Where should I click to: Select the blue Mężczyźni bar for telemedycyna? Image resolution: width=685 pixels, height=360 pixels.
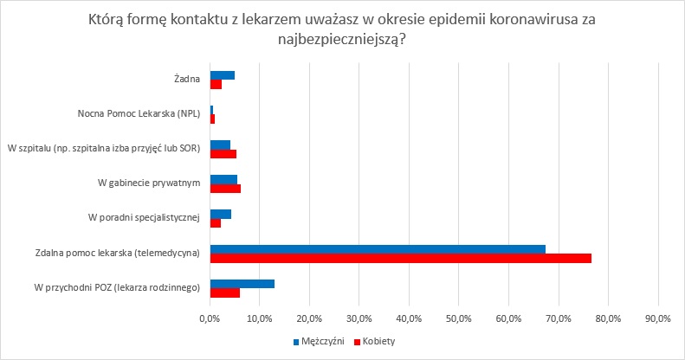tap(378, 249)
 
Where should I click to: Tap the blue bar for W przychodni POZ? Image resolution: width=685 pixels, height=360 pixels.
tap(242, 283)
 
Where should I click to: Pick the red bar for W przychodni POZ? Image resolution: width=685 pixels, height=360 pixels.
tap(224, 292)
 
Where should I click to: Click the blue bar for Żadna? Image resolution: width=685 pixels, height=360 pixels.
tap(222, 75)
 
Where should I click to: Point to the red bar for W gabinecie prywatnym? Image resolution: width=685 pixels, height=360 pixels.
tap(225, 189)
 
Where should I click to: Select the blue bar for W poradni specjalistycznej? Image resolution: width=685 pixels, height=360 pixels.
tap(220, 214)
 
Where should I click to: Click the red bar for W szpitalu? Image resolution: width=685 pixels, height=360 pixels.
tap(223, 154)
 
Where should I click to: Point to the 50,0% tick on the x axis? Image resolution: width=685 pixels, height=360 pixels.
tap(458, 318)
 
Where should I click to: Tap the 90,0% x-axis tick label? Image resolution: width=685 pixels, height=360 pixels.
tap(658, 318)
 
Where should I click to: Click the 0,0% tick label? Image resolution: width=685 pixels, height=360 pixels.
tap(210, 318)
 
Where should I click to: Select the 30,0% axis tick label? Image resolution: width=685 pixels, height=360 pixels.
tap(359, 318)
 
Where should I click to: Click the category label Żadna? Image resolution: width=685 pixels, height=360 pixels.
tap(187, 80)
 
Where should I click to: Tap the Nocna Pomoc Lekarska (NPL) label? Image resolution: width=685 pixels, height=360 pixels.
tap(139, 114)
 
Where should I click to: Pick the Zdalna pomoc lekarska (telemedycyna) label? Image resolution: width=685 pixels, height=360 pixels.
tap(118, 253)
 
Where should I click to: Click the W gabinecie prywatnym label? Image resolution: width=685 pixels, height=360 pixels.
tap(149, 183)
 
